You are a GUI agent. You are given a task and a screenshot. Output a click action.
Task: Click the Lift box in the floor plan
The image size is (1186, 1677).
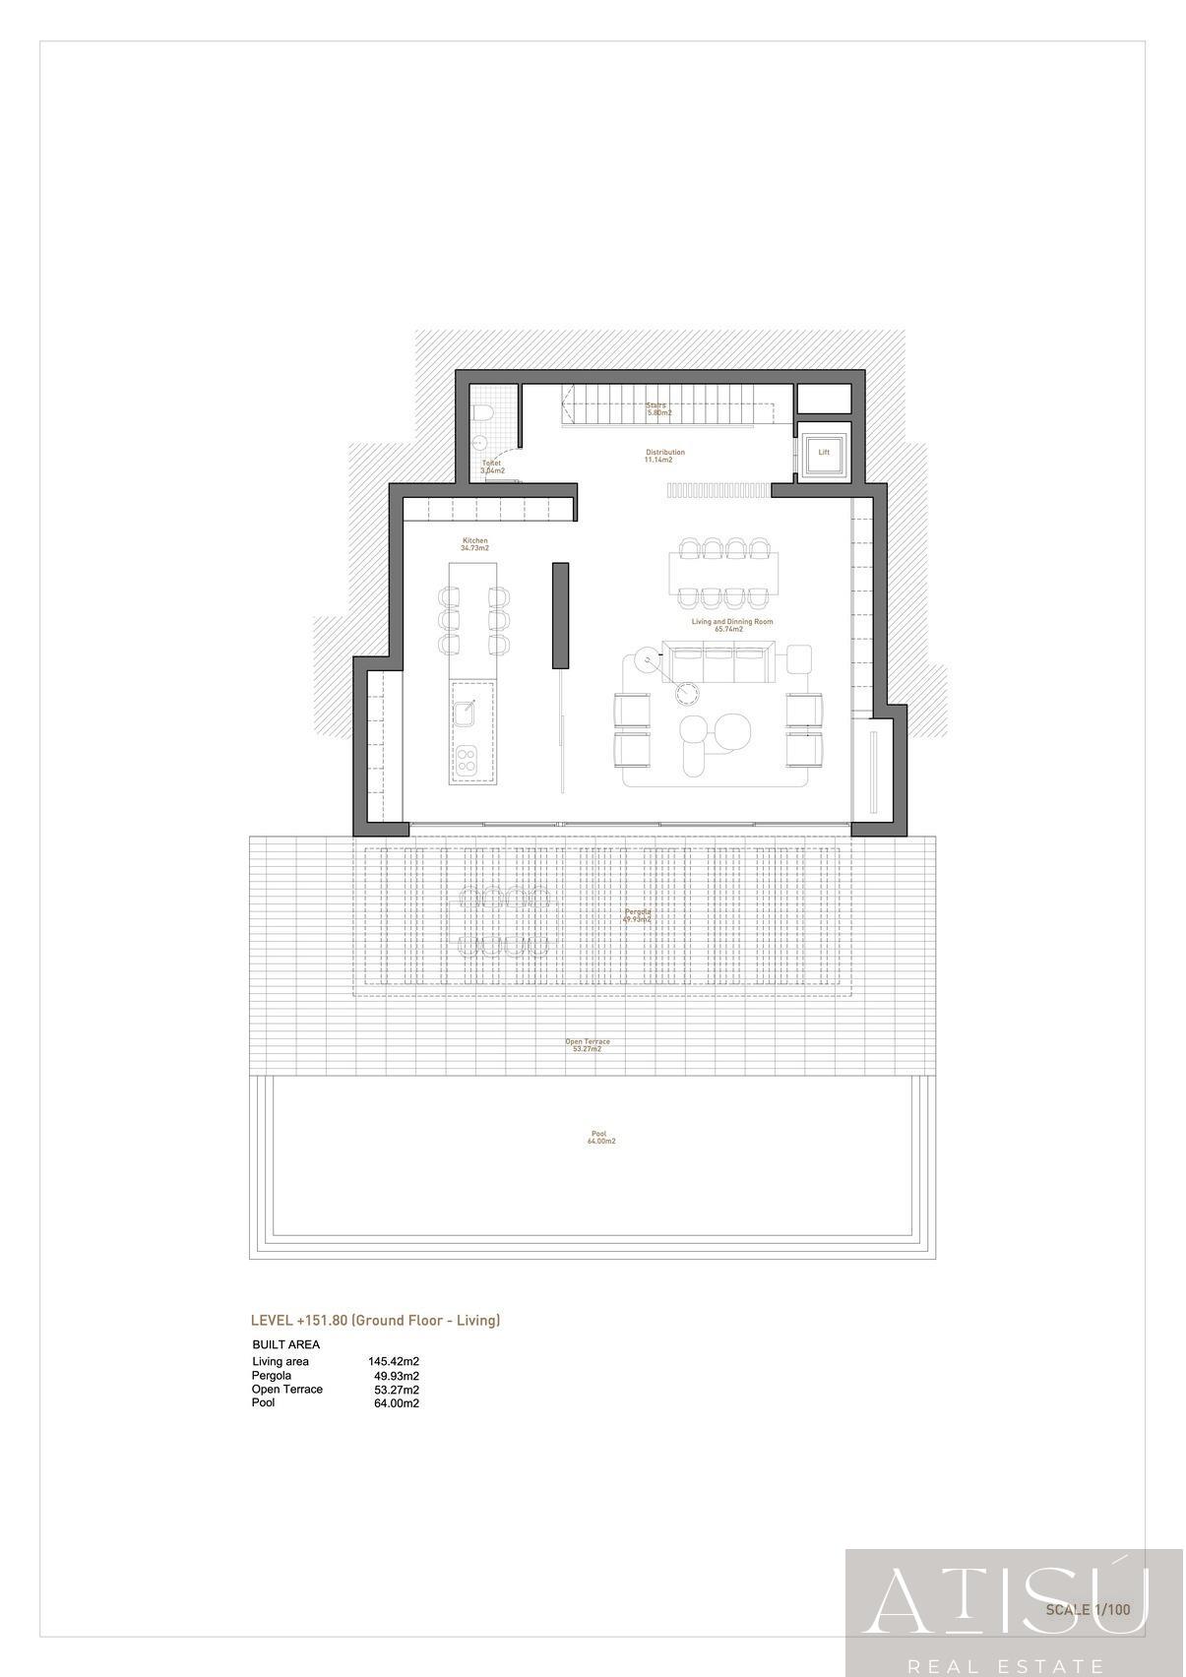[824, 453]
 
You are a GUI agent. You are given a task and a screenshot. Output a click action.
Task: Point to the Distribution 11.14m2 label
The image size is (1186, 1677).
[664, 456]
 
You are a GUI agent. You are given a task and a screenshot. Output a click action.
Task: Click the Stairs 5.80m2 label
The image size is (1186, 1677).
[658, 409]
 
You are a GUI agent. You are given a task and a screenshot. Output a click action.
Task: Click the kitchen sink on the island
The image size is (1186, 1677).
[465, 711]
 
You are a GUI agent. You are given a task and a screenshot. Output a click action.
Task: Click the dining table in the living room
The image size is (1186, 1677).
[723, 572]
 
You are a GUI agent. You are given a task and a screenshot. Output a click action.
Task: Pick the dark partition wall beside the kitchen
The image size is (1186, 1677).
[560, 615]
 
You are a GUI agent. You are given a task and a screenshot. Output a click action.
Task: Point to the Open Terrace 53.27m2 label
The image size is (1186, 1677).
[587, 1045]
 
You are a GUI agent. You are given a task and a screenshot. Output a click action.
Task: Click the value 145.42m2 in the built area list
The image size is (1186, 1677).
[394, 1362]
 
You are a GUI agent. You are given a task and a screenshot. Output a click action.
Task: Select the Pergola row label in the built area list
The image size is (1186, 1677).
[272, 1376]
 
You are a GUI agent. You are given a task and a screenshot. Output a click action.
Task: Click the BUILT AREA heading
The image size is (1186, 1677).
[286, 1344]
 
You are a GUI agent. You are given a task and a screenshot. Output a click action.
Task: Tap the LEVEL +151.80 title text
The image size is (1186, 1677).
[375, 1321]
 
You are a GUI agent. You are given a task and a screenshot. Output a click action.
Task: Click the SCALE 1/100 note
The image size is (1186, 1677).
[1088, 1610]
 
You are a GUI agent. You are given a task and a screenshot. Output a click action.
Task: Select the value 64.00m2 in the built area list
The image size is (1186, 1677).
[396, 1403]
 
